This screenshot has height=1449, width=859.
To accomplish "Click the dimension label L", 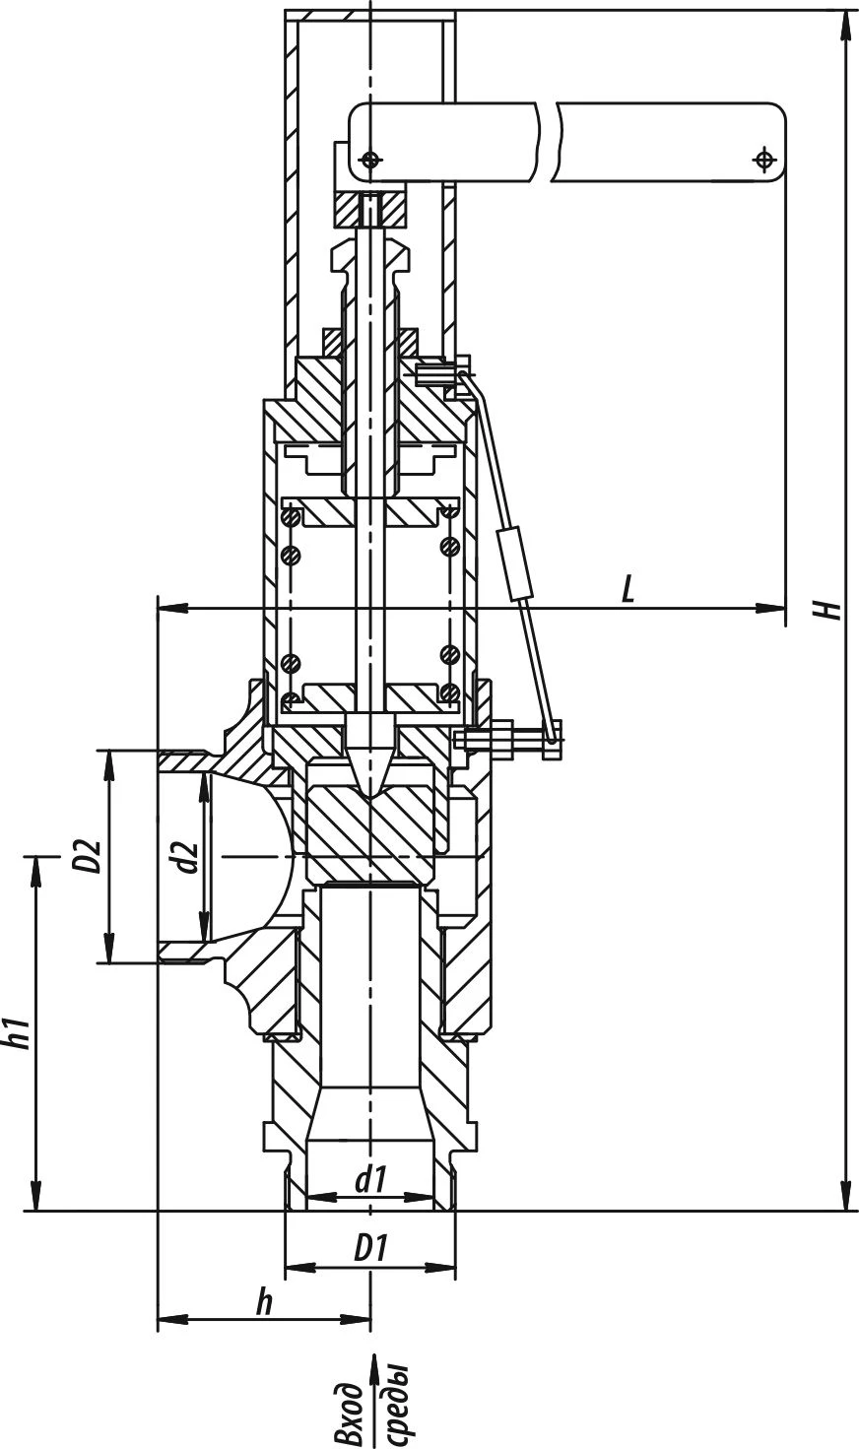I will pyautogui.click(x=628, y=589).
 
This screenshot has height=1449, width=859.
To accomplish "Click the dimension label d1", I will pyautogui.click(x=369, y=1178).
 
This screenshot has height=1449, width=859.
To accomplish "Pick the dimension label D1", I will pyautogui.click(x=369, y=1249).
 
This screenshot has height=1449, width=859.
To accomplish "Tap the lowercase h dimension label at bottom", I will pyautogui.click(x=263, y=1302).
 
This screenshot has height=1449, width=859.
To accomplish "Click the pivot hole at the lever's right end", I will pyautogui.click(x=763, y=159).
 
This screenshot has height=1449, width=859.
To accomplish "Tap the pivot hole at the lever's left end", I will pyautogui.click(x=369, y=159).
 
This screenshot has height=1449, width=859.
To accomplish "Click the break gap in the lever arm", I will pyautogui.click(x=548, y=143).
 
